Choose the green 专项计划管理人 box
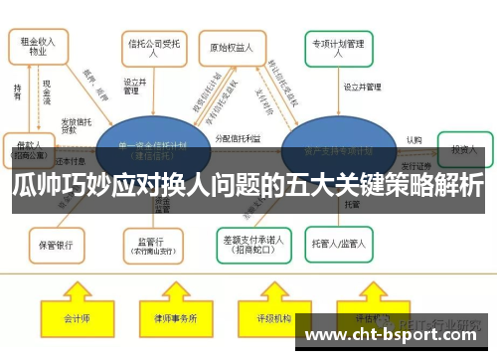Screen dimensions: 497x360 pos(339,48)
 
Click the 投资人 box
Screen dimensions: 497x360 pos(463,148)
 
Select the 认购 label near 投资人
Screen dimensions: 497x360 pos(414,140)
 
